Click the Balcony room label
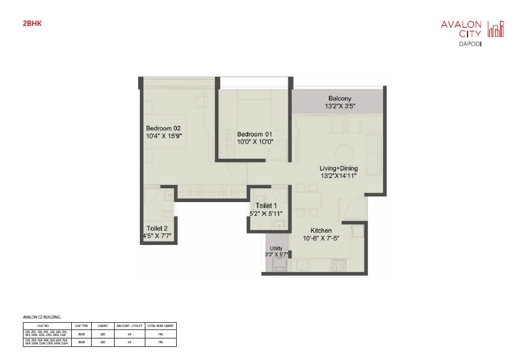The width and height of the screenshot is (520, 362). tap(340, 98)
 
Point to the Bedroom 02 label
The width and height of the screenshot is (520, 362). tap(163, 128)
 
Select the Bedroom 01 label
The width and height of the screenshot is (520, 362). tap(255, 134)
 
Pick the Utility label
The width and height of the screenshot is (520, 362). tap(276, 248)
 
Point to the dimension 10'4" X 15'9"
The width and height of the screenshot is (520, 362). tap(163, 136)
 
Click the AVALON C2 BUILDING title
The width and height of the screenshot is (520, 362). tap(42, 316)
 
